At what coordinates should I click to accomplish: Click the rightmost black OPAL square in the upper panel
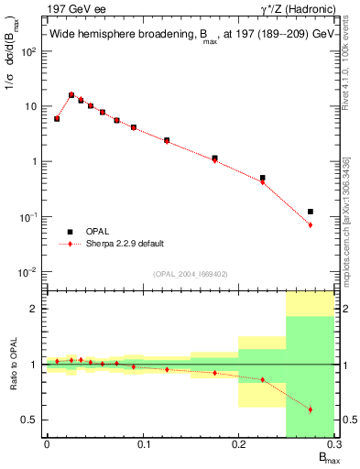(311, 212)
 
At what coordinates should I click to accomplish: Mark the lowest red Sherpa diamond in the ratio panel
(311, 409)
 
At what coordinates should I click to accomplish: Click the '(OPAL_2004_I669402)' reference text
(190, 273)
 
